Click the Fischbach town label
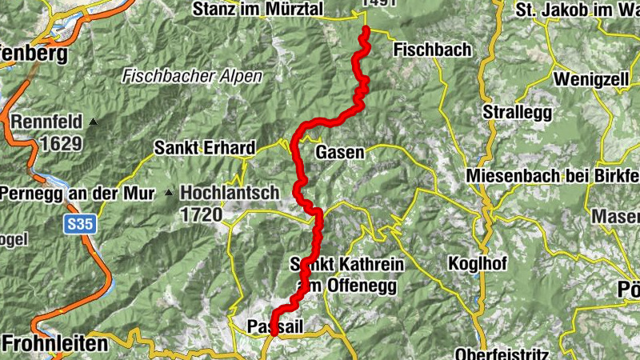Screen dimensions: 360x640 click(x=432, y=50)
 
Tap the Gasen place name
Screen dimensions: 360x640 click(x=340, y=152)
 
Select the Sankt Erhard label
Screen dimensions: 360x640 click(x=205, y=148)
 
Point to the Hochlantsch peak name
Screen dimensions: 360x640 click(x=230, y=193)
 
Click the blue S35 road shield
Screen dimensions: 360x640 click(x=80, y=226)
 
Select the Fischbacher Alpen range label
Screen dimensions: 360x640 click(x=181, y=78)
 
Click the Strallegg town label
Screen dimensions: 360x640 click(x=517, y=113)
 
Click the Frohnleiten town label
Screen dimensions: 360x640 click(x=54, y=344)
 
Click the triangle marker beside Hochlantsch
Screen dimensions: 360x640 click(x=168, y=193)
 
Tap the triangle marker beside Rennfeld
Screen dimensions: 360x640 click(x=94, y=122)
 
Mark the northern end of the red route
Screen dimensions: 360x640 click(x=366, y=30)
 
